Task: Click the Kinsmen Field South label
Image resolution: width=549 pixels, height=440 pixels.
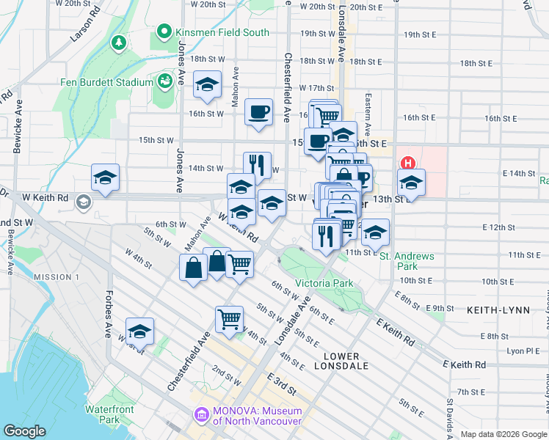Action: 222,33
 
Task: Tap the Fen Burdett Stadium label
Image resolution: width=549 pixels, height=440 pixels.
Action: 107,82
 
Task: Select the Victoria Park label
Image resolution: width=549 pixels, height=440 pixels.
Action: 324,283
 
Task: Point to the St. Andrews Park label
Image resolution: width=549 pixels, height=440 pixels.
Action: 407,261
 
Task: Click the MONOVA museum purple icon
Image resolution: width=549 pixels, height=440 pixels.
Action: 200,416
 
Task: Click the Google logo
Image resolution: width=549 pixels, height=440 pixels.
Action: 25,431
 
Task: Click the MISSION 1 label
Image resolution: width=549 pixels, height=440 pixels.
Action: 57,277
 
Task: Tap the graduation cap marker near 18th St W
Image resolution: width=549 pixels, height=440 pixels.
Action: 208,84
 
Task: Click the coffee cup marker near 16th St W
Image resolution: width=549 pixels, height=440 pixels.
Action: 258,113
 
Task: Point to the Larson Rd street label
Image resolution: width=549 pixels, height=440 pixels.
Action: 84,23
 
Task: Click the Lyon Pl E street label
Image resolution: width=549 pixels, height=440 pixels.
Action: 523,351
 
